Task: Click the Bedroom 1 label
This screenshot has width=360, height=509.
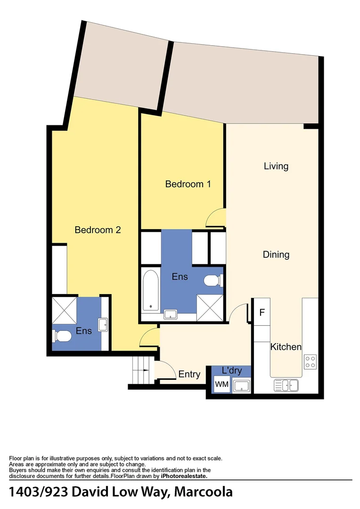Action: point(188,184)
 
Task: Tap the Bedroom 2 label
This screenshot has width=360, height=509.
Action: point(98,230)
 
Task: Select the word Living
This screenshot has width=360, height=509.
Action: point(276,166)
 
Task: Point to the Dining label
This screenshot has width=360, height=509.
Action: point(276,254)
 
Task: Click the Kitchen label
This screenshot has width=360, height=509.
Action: point(286,347)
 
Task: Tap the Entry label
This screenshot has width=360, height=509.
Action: point(189,375)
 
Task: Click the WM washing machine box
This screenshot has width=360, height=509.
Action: point(221,385)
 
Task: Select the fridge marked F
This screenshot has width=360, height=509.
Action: point(262,312)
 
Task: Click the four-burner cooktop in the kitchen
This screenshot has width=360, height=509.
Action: point(310,361)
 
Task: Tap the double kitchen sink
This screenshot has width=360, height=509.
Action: point(286,385)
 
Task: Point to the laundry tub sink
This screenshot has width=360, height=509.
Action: point(242,385)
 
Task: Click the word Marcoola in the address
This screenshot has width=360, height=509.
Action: point(204,492)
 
